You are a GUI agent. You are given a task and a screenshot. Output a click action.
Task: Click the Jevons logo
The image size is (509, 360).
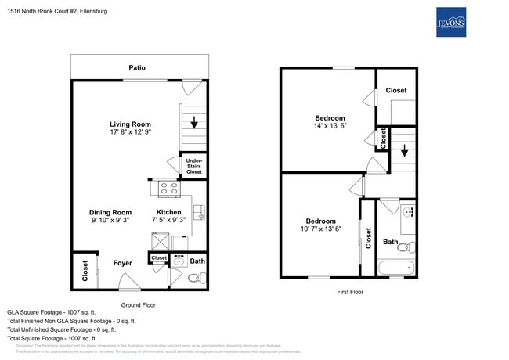pyautogui.click(x=450, y=24)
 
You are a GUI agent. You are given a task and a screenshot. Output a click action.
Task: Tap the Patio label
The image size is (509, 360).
pyautogui.click(x=137, y=68)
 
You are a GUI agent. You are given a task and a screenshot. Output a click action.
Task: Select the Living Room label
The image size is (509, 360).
pyautogui.click(x=130, y=124)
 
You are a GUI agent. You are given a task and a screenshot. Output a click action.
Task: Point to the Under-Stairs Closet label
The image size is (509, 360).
pyautogui.click(x=193, y=166)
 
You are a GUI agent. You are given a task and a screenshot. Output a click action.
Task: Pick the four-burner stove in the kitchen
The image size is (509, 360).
pyautogui.click(x=168, y=188)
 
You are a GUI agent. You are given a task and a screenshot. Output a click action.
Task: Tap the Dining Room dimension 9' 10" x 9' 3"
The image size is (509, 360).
pyautogui.click(x=110, y=221)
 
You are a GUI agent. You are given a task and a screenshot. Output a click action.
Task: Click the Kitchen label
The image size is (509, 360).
pyautogui.click(x=168, y=212)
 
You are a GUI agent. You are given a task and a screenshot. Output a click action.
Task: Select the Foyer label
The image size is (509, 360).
pyautogui.click(x=122, y=263)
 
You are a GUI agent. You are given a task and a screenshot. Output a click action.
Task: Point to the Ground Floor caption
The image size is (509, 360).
pyautogui.click(x=138, y=304)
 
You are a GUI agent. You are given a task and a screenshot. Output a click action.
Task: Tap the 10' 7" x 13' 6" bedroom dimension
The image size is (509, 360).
pyautogui.click(x=321, y=230)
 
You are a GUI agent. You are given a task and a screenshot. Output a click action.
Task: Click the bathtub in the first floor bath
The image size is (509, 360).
pyautogui.click(x=397, y=268)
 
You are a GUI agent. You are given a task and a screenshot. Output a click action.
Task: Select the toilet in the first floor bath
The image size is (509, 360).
pyautogui.click(x=405, y=247)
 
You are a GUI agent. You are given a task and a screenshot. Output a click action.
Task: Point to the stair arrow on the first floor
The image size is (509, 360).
pyautogui.click(x=403, y=151)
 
